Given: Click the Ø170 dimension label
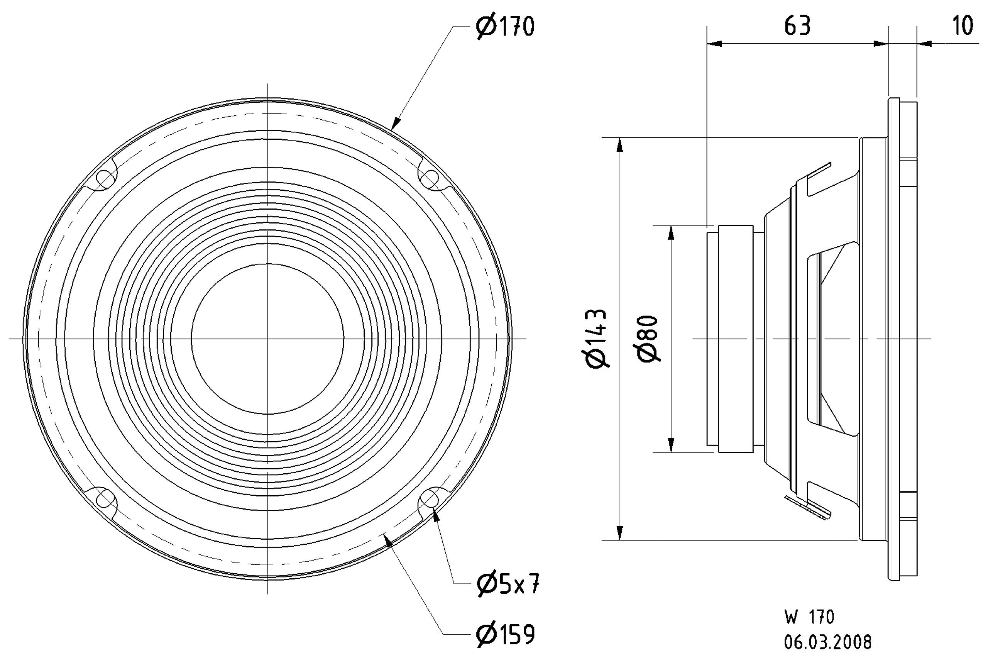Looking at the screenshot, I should (505, 27).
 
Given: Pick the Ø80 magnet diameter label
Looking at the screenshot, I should (647, 339).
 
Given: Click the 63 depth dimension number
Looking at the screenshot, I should (797, 26).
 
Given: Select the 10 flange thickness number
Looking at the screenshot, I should (963, 26).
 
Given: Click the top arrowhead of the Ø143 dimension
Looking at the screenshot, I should (619, 145).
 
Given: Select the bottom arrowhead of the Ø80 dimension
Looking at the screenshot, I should (671, 445).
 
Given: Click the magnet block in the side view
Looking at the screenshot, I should (735, 339).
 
